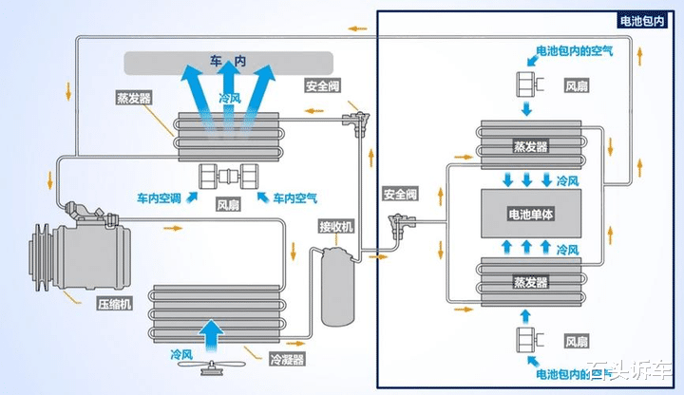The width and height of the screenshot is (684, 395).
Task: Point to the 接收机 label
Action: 336,227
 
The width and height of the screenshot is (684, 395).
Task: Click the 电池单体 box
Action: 531,215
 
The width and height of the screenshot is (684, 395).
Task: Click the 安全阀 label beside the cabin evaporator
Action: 323,86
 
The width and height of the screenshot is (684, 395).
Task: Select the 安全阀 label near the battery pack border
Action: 399,194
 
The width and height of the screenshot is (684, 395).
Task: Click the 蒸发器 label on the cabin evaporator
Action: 133,99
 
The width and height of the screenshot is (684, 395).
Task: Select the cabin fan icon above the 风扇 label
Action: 228,177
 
